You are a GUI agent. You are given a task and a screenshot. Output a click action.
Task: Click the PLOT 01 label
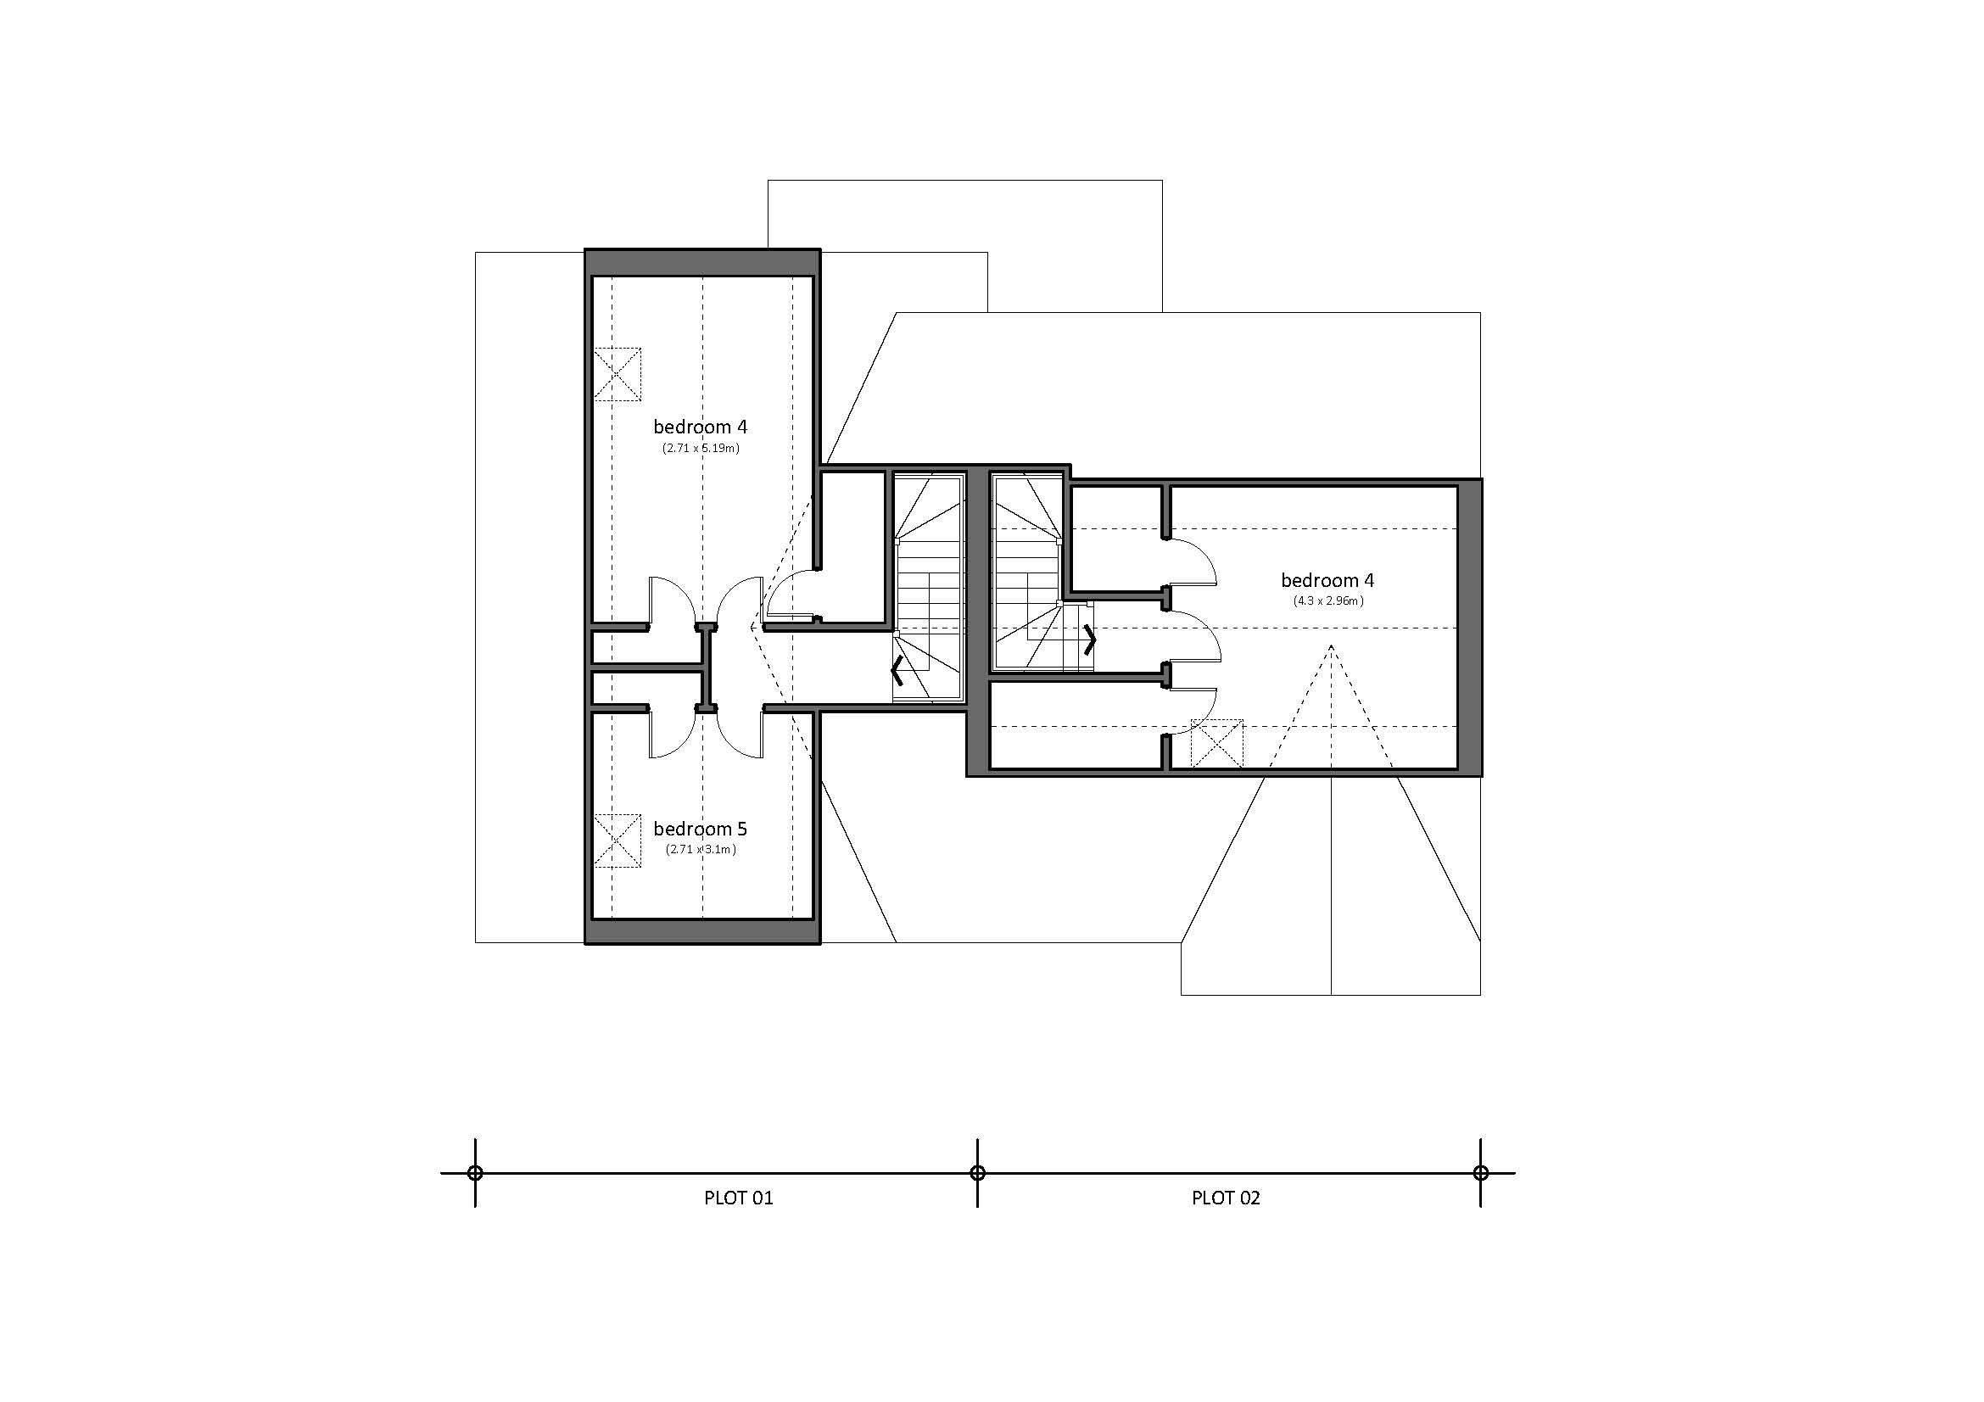(738, 1198)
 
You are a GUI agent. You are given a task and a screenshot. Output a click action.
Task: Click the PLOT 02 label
(1226, 1198)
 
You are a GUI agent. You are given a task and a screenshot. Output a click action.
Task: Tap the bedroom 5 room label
(700, 829)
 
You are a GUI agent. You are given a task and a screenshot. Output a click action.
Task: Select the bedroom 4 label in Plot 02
(1327, 580)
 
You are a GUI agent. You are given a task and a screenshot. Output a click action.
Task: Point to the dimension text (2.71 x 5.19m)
(701, 449)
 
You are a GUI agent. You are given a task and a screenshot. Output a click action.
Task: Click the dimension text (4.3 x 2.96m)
(1328, 600)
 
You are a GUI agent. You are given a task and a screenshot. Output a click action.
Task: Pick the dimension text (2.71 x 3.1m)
(701, 849)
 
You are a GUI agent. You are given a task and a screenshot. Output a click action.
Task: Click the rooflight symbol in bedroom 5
(617, 841)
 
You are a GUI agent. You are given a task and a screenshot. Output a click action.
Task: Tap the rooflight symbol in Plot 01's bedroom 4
(617, 374)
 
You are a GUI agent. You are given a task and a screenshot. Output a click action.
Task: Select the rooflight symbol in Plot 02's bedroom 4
(1216, 743)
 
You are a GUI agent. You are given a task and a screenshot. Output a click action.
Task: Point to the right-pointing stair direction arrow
(1090, 640)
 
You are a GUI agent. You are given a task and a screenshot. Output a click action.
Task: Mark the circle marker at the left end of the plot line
(474, 1173)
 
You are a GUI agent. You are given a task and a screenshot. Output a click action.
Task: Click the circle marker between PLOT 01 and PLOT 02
(977, 1173)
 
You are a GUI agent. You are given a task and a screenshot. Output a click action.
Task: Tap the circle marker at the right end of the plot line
(1480, 1173)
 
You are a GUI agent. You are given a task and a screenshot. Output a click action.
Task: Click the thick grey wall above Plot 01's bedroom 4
(701, 263)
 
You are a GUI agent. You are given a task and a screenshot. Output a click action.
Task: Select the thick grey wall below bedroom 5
(701, 931)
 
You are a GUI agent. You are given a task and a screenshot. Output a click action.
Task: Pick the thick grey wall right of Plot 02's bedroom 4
(1469, 627)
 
